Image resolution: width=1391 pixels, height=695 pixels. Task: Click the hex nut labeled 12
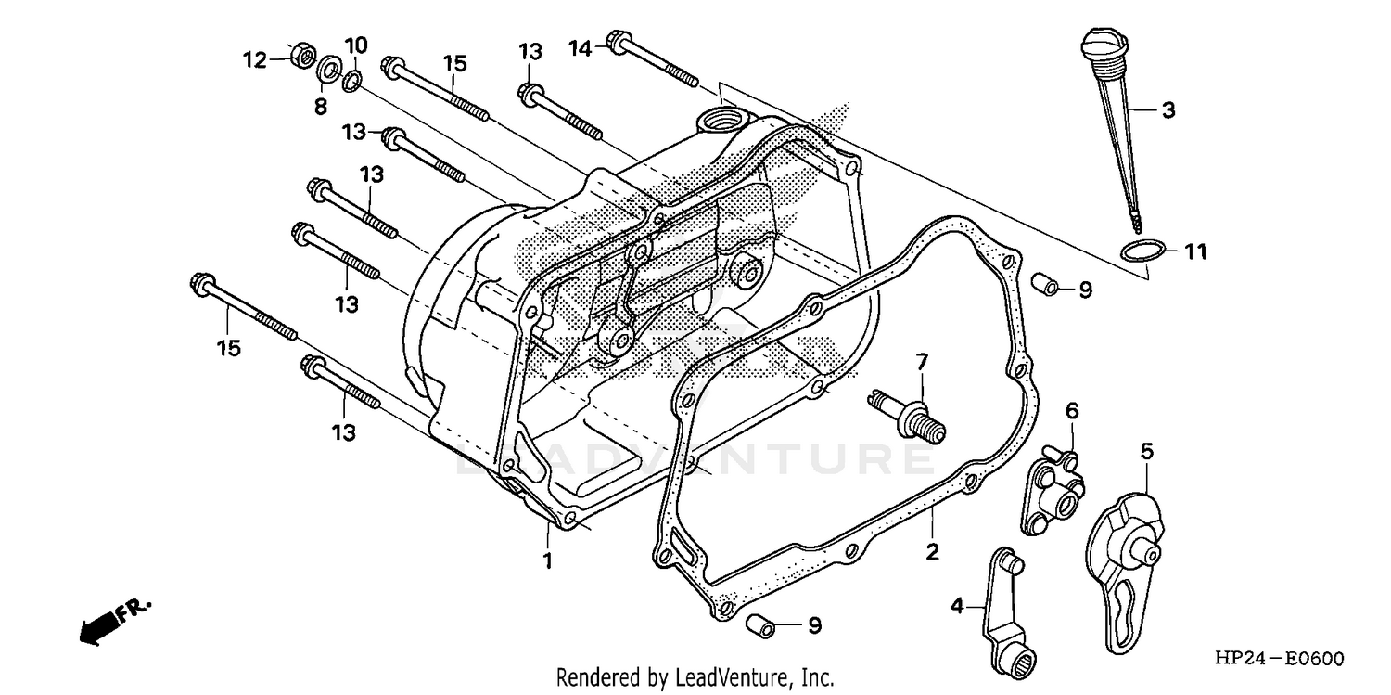point(300,58)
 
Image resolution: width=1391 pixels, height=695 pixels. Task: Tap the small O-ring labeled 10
point(351,82)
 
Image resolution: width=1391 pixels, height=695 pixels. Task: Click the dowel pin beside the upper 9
point(1046,284)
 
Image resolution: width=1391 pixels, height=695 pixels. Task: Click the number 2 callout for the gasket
point(932,552)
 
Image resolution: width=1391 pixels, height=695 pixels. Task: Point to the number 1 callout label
point(547,561)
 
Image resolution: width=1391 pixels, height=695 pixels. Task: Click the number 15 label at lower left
point(229,348)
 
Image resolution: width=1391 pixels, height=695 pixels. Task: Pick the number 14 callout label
point(580,48)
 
